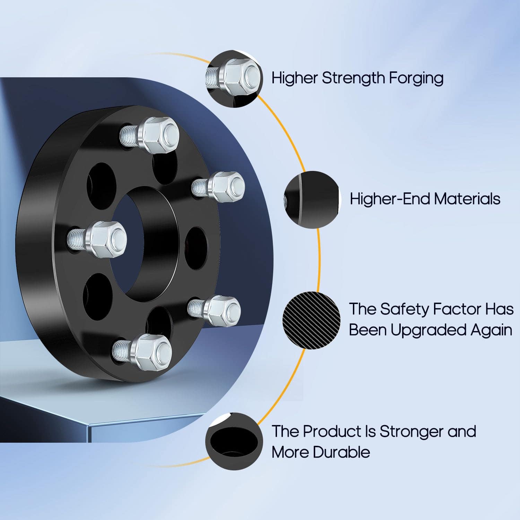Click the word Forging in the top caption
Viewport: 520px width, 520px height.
pyautogui.click(x=416, y=78)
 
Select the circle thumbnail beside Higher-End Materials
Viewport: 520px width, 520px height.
pyautogui.click(x=311, y=199)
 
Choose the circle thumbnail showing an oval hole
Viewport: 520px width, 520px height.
pyautogui.click(x=234, y=441)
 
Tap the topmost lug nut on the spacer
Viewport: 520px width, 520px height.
pyautogui.click(x=149, y=135)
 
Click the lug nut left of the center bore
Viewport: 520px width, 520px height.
pyautogui.click(x=97, y=239)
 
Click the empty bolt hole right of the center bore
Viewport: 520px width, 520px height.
pyautogui.click(x=196, y=248)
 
